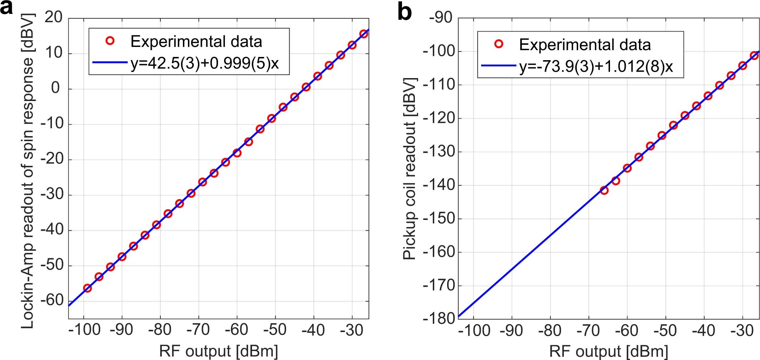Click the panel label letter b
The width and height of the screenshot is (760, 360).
click(x=405, y=13)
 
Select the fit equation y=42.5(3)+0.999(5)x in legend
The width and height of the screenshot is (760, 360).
click(x=204, y=64)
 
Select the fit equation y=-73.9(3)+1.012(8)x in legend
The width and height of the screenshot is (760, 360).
click(x=596, y=67)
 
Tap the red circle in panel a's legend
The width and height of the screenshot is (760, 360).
click(x=110, y=41)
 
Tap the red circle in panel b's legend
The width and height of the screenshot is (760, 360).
click(x=499, y=44)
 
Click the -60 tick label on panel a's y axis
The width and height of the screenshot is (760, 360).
click(x=52, y=300)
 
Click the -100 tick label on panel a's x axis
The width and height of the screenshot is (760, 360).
click(x=85, y=330)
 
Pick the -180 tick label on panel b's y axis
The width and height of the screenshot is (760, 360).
click(x=438, y=318)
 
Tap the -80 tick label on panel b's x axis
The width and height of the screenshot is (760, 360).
click(x=550, y=330)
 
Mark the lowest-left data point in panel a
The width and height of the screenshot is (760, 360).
click(x=87, y=288)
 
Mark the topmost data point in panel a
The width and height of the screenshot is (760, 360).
click(x=364, y=34)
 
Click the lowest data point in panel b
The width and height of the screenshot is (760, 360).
click(x=604, y=190)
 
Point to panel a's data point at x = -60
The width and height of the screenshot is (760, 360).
click(x=237, y=153)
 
